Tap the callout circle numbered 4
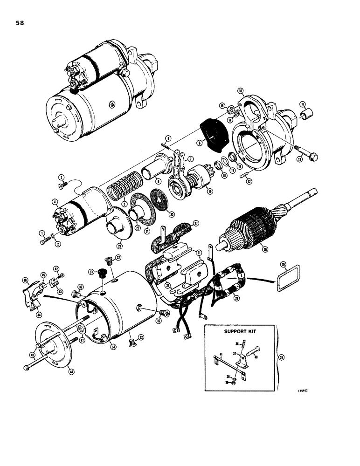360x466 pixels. pos(55,202)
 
